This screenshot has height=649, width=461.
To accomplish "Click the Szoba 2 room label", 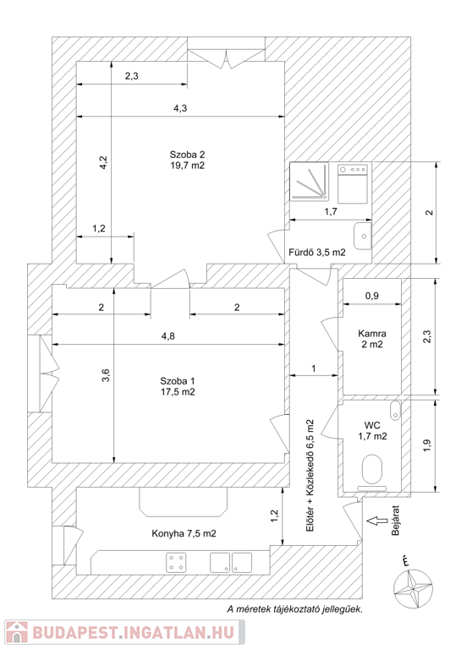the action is pyautogui.click(x=187, y=161).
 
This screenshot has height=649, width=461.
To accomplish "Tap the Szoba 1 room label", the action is pyautogui.click(x=178, y=386).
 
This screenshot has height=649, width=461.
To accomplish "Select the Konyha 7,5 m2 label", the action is pyautogui.click(x=184, y=533).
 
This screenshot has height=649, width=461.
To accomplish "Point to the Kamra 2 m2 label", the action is pyautogui.click(x=372, y=339).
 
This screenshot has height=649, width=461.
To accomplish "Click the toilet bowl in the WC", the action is pyautogui.click(x=372, y=469).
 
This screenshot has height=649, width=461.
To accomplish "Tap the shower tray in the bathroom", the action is pyautogui.click(x=310, y=182).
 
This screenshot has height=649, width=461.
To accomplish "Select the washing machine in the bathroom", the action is pyautogui.click(x=353, y=183).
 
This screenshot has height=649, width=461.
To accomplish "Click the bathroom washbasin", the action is pyautogui.click(x=362, y=236).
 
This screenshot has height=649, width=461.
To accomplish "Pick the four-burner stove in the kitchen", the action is pyautogui.click(x=176, y=563).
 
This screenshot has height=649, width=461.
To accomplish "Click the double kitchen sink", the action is pyautogui.click(x=231, y=563).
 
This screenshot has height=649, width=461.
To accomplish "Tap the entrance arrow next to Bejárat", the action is pyautogui.click(x=377, y=521).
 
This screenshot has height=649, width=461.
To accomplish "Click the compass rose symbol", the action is pyautogui.click(x=413, y=588).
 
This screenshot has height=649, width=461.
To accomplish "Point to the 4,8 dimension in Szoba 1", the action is pyautogui.click(x=167, y=335).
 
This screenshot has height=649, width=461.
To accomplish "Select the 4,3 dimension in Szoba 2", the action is pyautogui.click(x=180, y=108).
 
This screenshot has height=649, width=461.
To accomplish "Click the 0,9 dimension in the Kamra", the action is pyautogui.click(x=372, y=296).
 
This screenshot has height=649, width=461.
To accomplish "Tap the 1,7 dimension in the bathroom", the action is pyautogui.click(x=331, y=211).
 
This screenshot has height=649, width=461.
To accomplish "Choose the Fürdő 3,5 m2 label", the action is pyautogui.click(x=317, y=252).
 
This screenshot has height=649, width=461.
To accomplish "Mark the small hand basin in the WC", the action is pyautogui.click(x=396, y=410).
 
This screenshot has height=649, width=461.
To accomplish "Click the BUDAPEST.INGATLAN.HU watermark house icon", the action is pyautogui.click(x=17, y=632).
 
